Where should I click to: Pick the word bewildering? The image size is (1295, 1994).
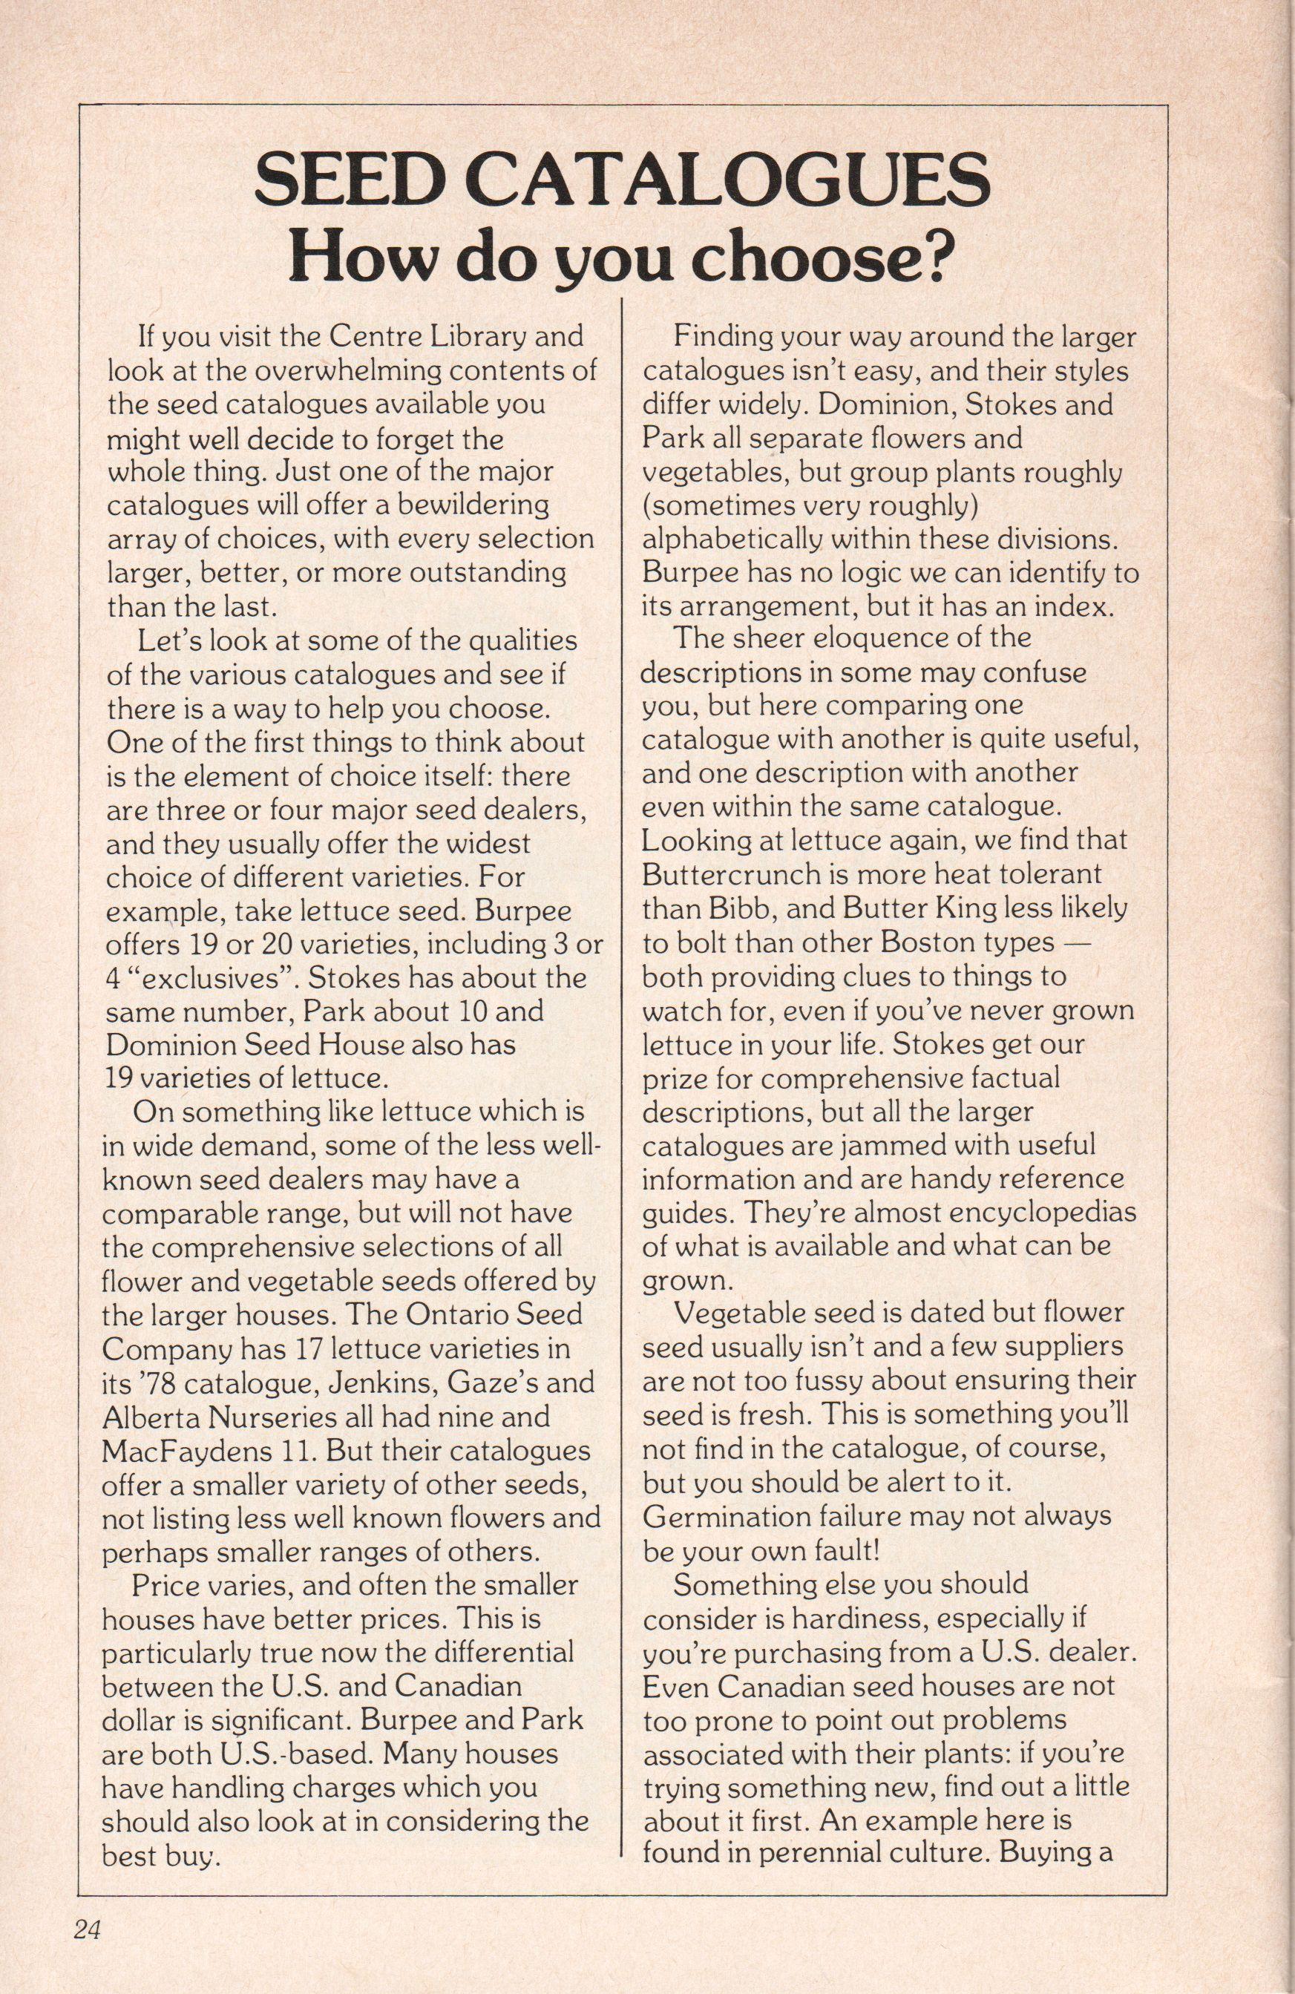click(x=453, y=505)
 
